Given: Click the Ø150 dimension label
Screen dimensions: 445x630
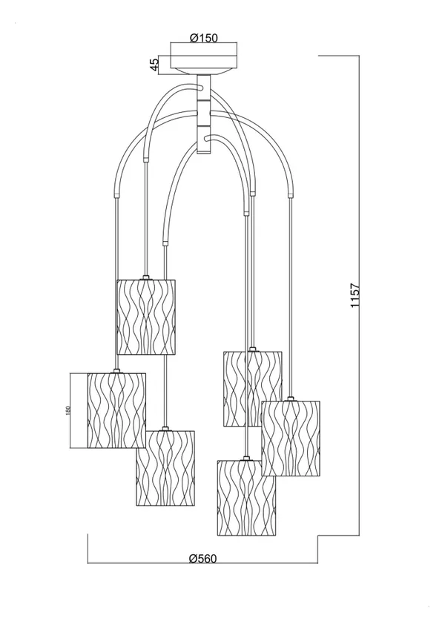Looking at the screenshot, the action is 203,38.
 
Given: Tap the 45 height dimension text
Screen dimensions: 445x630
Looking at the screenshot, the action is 154,65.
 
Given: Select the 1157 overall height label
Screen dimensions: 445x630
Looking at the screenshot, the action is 355,295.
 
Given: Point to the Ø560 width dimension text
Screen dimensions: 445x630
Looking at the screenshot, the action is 202,559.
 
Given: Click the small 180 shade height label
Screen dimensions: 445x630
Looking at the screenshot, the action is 67,410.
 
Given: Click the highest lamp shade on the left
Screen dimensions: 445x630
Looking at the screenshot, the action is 146,317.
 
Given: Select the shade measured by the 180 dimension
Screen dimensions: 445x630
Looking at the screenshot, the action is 116,410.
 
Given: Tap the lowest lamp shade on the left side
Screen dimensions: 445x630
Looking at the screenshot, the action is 165,468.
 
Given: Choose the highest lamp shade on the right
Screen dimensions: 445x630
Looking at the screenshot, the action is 253,389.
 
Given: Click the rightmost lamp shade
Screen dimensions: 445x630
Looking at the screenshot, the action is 291,439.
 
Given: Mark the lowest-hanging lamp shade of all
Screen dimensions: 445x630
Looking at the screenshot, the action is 247,498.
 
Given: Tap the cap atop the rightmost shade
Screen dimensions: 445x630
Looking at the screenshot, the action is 290,399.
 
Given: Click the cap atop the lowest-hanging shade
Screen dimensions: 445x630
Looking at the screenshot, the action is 246,459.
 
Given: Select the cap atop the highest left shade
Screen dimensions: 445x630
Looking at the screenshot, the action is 145,278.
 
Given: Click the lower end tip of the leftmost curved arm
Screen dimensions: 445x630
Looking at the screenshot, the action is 116,196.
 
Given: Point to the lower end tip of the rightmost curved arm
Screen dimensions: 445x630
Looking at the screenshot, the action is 289,196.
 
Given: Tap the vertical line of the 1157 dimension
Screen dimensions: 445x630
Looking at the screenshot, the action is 359,295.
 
